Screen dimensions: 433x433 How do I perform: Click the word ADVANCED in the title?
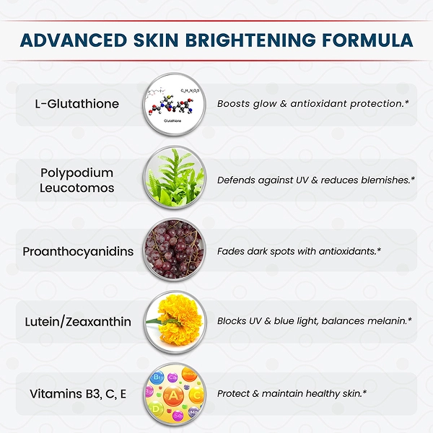tap(74, 40)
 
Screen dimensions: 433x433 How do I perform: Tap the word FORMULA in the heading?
tap(367, 40)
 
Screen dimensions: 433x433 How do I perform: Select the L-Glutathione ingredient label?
tap(76, 104)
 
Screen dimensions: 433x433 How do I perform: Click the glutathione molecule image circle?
tap(174, 105)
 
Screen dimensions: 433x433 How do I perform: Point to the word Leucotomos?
tap(76, 188)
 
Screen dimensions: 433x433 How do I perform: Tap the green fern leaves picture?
tap(174, 178)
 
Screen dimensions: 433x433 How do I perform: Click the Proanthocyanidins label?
tap(78, 252)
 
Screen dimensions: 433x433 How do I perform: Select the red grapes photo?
tap(174, 250)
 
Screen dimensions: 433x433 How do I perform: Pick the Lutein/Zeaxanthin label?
tap(78, 322)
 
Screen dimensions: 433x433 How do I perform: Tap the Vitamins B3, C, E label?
tap(78, 394)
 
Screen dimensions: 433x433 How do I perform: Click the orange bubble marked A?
tap(173, 396)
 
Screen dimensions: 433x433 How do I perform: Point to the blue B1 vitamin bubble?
tap(157, 377)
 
